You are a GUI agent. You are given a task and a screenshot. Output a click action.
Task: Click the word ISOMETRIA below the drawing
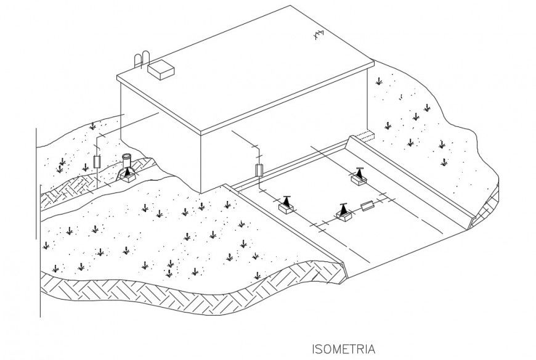click(343, 350)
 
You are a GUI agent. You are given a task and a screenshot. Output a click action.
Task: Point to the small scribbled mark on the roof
click(319, 36)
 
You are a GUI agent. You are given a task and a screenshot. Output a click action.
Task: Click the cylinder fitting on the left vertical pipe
click(97, 163)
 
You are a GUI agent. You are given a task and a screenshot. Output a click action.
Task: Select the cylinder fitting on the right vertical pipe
click(259, 170)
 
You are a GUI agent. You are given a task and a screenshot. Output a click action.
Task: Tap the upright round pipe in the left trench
click(128, 161)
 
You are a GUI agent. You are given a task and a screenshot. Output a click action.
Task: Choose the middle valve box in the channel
click(343, 213)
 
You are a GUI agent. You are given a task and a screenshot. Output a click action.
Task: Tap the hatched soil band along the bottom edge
click(185, 296)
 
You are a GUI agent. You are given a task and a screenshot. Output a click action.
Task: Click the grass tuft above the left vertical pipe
click(92, 126)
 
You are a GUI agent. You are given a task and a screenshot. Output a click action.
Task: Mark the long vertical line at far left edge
click(39, 222)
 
